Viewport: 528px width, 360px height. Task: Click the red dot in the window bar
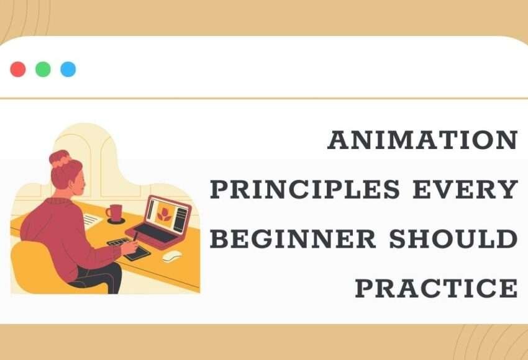18,70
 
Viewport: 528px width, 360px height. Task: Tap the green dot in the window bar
43,70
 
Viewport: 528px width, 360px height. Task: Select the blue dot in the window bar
68,70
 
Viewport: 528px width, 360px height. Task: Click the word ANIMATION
422,141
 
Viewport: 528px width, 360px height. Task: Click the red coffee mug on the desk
114,213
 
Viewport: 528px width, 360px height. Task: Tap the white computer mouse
171,256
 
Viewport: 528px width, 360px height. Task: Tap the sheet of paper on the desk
92,219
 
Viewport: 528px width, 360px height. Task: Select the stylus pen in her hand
135,240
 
